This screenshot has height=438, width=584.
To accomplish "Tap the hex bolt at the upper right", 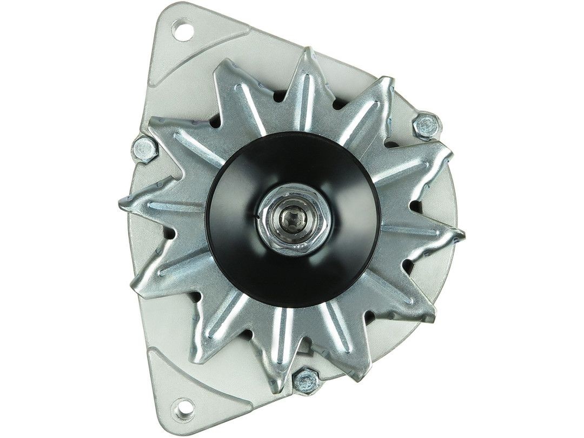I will click(427, 127).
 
